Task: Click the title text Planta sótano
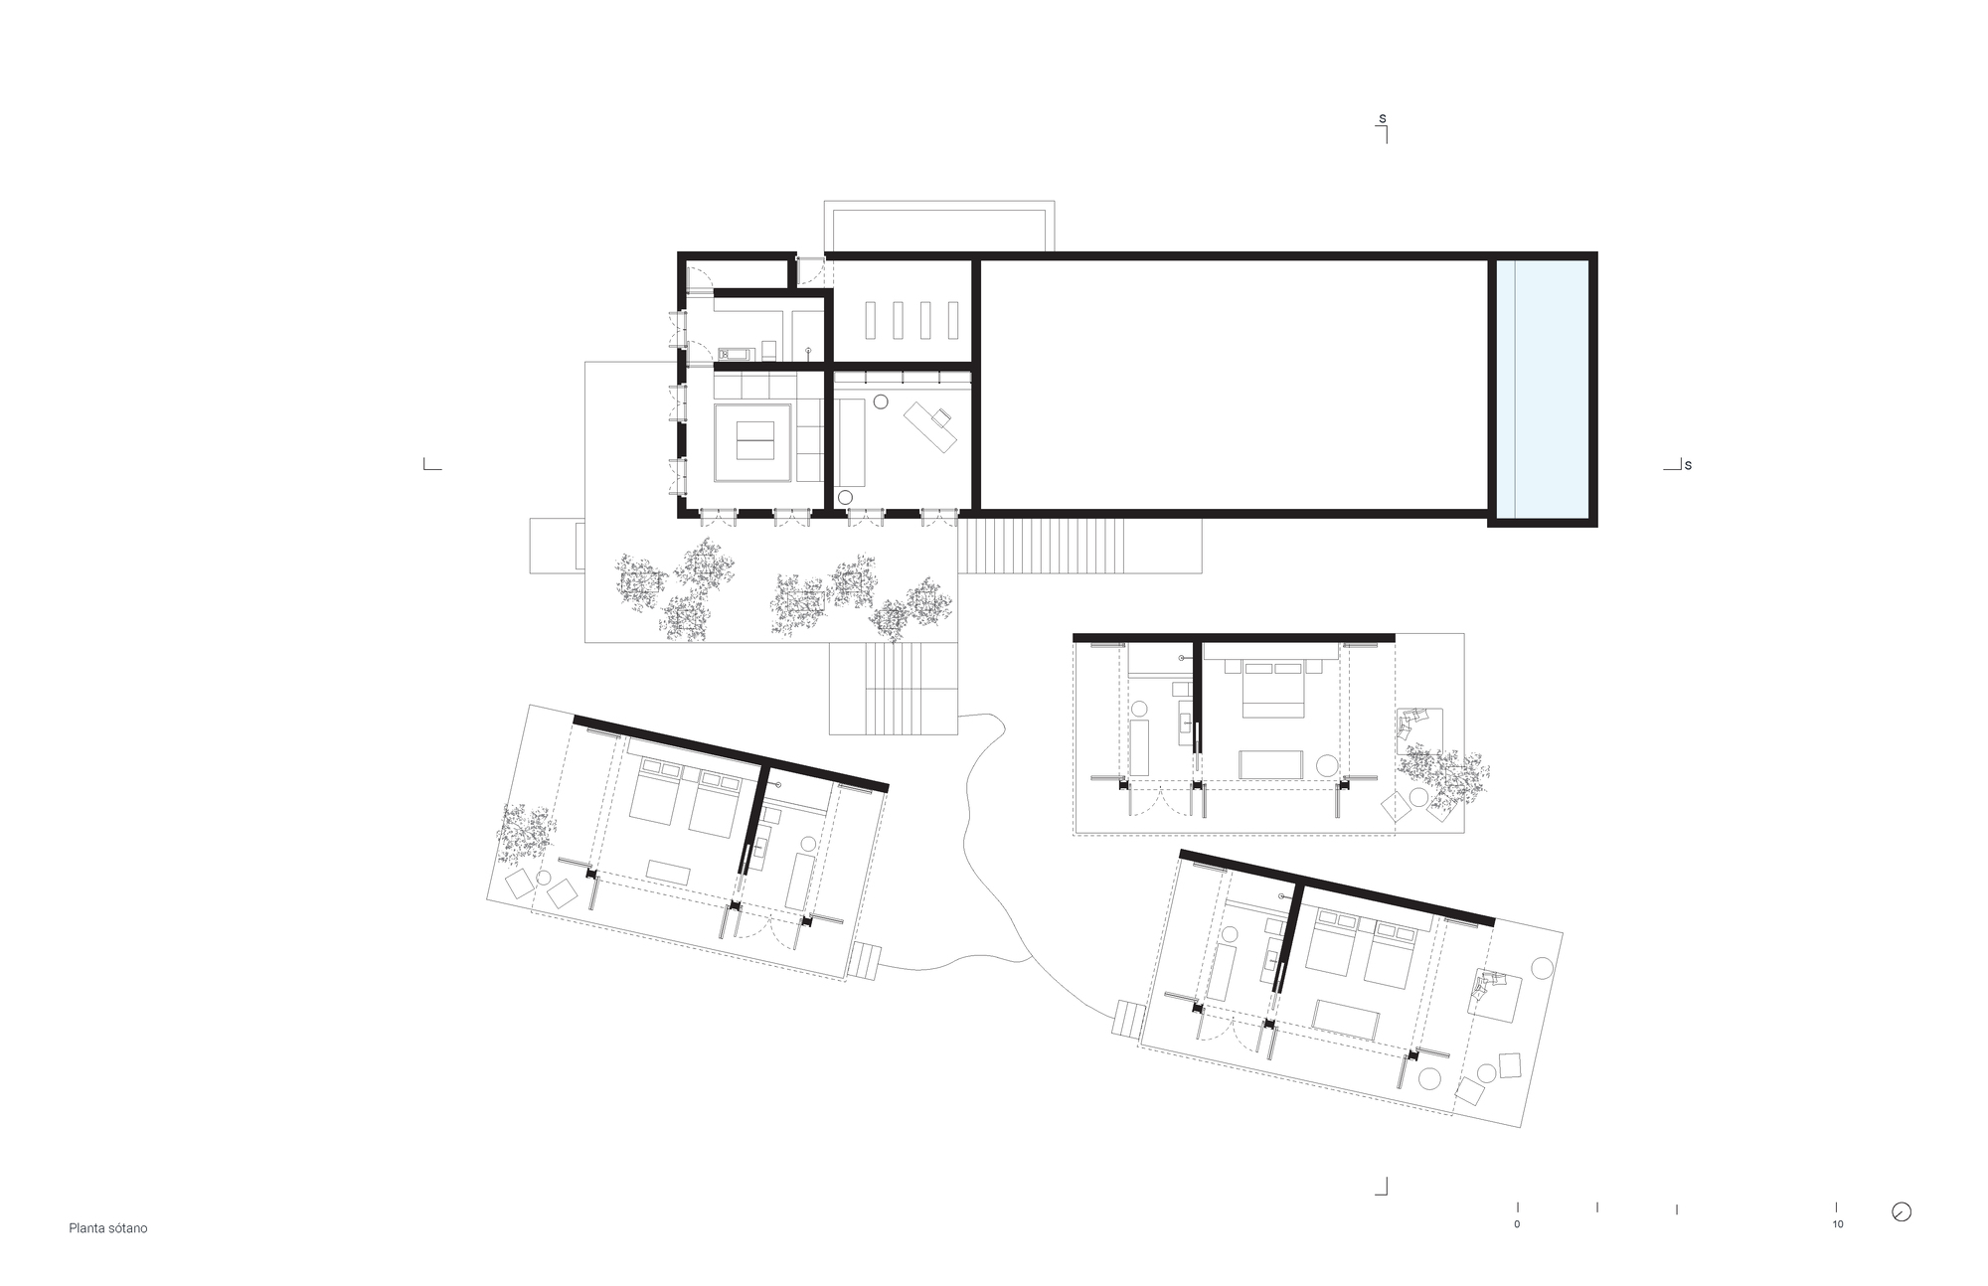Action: (107, 1228)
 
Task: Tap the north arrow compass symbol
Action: (1902, 1211)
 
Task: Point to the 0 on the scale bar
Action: (1517, 1224)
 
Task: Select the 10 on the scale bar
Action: (1837, 1224)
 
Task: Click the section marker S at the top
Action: (1382, 119)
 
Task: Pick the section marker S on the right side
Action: (1688, 465)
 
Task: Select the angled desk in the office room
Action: (930, 427)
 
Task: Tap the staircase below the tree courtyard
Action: (894, 689)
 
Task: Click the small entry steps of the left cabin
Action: (864, 961)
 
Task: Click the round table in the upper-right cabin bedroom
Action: (1327, 765)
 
